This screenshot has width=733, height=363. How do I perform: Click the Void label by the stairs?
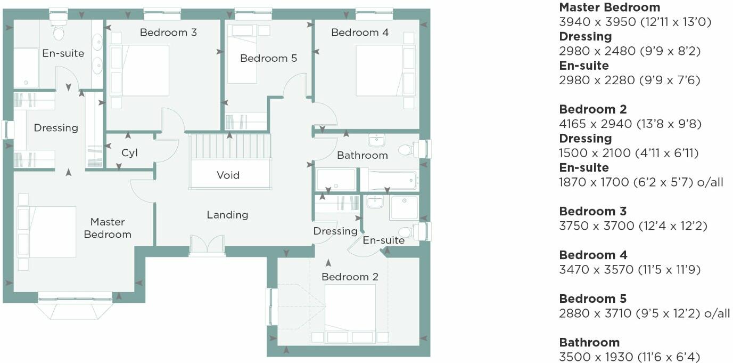click(228, 175)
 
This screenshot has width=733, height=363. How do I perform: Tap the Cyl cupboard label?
click(129, 153)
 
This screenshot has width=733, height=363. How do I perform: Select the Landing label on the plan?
click(227, 215)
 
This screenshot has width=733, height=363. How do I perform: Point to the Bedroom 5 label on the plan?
click(268, 58)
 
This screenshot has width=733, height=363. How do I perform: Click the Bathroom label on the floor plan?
click(362, 155)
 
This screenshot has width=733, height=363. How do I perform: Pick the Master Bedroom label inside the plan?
click(108, 228)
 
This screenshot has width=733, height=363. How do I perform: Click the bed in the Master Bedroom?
click(51, 232)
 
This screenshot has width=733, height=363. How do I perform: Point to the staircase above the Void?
click(230, 146)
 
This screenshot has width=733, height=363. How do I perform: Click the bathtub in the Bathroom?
click(392, 180)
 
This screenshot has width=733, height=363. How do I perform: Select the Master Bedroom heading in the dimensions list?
click(610, 7)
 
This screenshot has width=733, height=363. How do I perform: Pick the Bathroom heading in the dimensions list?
click(589, 342)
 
